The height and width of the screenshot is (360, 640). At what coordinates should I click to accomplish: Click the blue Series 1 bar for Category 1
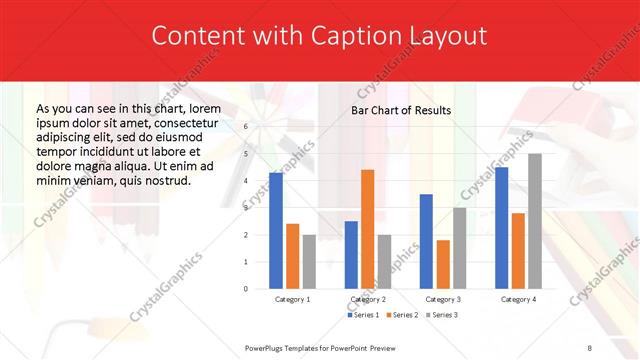coord(275,231)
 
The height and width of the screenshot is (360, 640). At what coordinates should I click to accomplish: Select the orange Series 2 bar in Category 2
coord(367,229)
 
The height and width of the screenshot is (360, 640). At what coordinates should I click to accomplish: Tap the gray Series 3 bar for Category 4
coord(535,221)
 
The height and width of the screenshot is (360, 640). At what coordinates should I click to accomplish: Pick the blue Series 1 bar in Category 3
coord(426,241)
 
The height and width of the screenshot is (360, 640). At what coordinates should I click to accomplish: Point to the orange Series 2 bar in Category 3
coord(443,264)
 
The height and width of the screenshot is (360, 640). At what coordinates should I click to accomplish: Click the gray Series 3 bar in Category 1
coord(309,262)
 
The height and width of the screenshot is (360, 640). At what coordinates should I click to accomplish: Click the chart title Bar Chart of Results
coord(401,110)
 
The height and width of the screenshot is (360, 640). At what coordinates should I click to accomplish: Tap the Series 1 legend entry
coord(364,315)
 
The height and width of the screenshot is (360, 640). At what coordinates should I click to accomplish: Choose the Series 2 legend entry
coord(402,315)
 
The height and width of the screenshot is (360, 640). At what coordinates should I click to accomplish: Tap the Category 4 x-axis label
coord(518,299)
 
